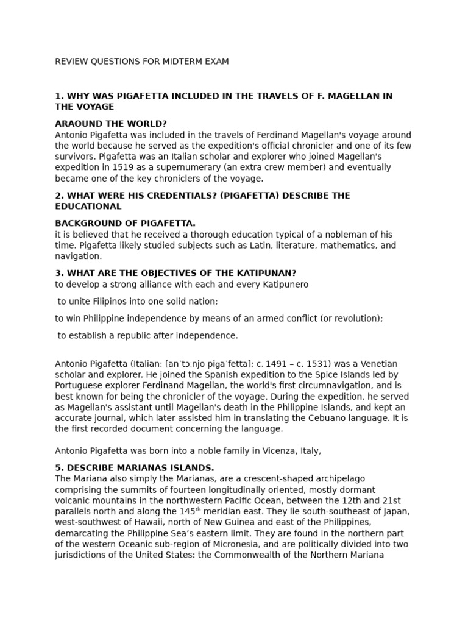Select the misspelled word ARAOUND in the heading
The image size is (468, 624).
coord(79,124)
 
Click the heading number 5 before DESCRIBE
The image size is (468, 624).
coord(58,468)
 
